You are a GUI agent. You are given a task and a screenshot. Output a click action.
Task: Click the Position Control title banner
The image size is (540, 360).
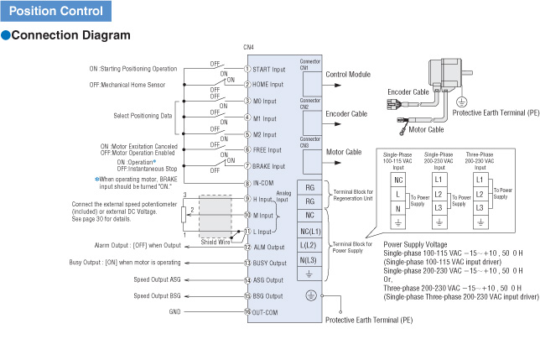[x=56, y=11]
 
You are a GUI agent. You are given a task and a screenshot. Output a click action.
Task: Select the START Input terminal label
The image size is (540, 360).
[x=269, y=70]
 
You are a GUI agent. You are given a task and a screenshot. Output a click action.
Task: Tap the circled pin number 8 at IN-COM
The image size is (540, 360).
[x=247, y=184]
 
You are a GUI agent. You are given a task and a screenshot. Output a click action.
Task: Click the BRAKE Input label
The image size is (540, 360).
[x=268, y=166]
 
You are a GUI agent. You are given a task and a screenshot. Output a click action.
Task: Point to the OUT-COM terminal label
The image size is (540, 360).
[x=264, y=312]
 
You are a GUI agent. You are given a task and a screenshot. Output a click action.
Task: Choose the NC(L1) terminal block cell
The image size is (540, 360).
[x=309, y=231]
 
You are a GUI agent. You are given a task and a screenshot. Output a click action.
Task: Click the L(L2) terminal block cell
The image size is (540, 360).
[x=309, y=245]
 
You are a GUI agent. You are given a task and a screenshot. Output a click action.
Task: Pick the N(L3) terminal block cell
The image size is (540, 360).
[x=309, y=260]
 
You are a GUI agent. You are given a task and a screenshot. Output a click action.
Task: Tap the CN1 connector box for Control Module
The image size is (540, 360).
[x=312, y=84]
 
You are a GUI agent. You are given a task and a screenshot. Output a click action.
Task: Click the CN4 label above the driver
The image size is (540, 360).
[x=248, y=47]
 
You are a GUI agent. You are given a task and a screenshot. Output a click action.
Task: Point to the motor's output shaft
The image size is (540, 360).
[x=467, y=73]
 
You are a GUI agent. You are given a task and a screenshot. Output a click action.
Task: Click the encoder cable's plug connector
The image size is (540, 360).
[x=392, y=103]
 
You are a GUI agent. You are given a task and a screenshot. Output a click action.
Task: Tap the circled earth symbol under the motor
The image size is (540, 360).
[x=461, y=102]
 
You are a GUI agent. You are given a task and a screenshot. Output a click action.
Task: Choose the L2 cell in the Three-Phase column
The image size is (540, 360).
[x=480, y=194]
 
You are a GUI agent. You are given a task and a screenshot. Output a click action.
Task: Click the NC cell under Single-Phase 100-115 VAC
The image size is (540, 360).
[x=398, y=180]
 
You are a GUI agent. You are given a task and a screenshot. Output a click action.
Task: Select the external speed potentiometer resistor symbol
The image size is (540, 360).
[x=184, y=215]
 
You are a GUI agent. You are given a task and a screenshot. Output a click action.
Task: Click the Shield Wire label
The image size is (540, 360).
[x=215, y=242]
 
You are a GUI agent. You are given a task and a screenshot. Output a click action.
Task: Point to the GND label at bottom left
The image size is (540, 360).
[x=174, y=312]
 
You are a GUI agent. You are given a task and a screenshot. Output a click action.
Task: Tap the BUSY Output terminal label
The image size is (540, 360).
[x=270, y=263]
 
